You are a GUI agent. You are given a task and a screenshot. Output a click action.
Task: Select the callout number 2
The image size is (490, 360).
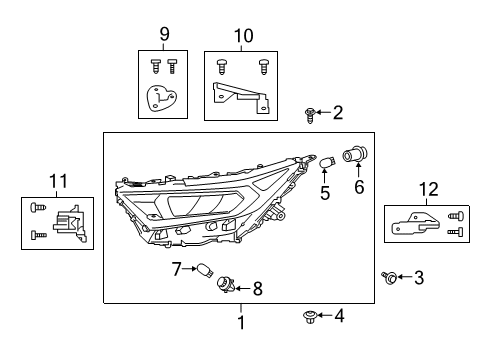pyautogui.click(x=337, y=113)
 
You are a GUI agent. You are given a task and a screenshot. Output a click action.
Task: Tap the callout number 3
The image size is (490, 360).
pyautogui.click(x=419, y=277)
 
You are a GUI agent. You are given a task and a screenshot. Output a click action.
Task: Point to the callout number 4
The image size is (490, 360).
pyautogui.click(x=339, y=317)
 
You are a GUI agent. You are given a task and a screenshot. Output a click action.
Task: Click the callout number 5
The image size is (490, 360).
pyautogui.click(x=325, y=192)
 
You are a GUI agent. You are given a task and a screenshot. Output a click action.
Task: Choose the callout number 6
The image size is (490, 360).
pyautogui.click(x=358, y=187)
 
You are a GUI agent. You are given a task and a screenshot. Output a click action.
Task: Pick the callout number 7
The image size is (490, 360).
pyautogui.click(x=176, y=268)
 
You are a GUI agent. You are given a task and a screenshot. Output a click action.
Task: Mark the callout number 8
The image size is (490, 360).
pyautogui.click(x=257, y=290)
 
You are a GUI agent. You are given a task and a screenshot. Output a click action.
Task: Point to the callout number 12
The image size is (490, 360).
pyautogui.click(x=429, y=187)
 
